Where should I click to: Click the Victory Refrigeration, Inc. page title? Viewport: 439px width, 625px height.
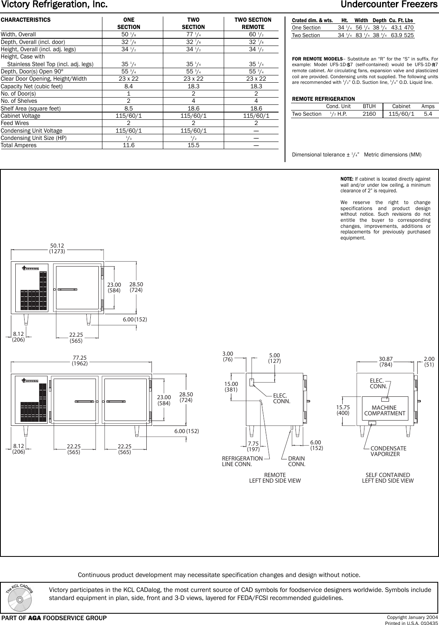(54, 5)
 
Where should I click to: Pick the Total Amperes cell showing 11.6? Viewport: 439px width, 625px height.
(128, 146)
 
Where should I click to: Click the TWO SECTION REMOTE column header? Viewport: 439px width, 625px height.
(253, 23)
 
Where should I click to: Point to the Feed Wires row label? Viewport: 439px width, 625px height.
(15, 123)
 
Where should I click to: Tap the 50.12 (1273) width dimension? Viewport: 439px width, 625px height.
(57, 248)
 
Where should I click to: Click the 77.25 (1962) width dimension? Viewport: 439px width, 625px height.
(80, 360)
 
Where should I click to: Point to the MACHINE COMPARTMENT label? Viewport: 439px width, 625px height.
(385, 410)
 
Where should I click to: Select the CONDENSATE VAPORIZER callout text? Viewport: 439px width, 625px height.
(388, 451)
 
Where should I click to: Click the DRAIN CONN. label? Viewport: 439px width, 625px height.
(296, 461)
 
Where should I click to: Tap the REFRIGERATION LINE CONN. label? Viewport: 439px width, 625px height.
(242, 461)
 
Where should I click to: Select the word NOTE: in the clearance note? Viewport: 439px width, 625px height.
(347, 179)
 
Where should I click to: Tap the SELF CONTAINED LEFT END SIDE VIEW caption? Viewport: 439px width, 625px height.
(387, 478)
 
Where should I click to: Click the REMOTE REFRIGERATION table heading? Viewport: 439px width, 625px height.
(323, 99)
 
